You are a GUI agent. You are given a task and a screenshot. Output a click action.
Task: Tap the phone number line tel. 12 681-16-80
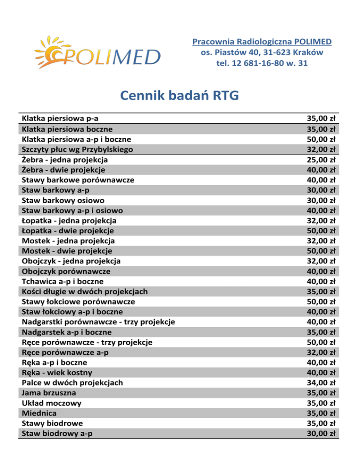point(262,62)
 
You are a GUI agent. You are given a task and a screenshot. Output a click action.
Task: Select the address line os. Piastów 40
point(262,52)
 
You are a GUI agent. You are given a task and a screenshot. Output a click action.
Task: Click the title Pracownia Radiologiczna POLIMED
point(262,42)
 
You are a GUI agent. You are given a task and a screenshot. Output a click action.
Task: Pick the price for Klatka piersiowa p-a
point(322,119)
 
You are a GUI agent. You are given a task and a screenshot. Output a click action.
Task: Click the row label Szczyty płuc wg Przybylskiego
point(77,149)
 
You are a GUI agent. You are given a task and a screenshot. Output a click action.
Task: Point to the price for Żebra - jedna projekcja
point(322,159)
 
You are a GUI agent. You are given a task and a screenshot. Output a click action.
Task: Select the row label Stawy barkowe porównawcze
point(78,180)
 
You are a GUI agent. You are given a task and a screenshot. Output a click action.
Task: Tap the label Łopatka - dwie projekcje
point(67,231)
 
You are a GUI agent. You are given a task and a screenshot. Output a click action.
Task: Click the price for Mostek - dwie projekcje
point(322,251)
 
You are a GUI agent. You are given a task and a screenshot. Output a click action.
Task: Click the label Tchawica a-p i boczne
point(62,281)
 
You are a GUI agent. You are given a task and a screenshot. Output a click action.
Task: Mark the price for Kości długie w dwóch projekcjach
point(322,291)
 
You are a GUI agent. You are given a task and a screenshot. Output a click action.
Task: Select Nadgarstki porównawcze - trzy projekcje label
point(98,322)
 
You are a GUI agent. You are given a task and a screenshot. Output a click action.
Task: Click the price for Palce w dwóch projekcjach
point(322,383)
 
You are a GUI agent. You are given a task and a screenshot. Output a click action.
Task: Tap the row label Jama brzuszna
point(49,392)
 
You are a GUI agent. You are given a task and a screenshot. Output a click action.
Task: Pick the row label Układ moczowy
point(52,403)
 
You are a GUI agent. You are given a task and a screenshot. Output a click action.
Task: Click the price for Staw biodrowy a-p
point(322,433)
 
